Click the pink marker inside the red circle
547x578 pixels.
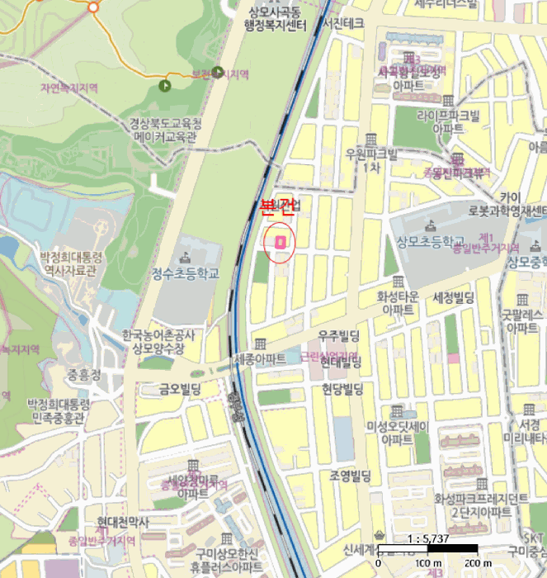pos(280,242)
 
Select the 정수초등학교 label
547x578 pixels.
pos(186,273)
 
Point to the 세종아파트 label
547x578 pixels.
pos(260,359)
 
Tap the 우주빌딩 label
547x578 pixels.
pos(340,334)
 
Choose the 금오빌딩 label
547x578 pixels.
pos(186,388)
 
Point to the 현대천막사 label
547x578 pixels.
pos(122,522)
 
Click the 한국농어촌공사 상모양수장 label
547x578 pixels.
pos(158,341)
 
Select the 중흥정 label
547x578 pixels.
pos(84,373)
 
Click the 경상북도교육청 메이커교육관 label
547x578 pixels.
pos(165,130)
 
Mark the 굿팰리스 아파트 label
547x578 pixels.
pos(523,320)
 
